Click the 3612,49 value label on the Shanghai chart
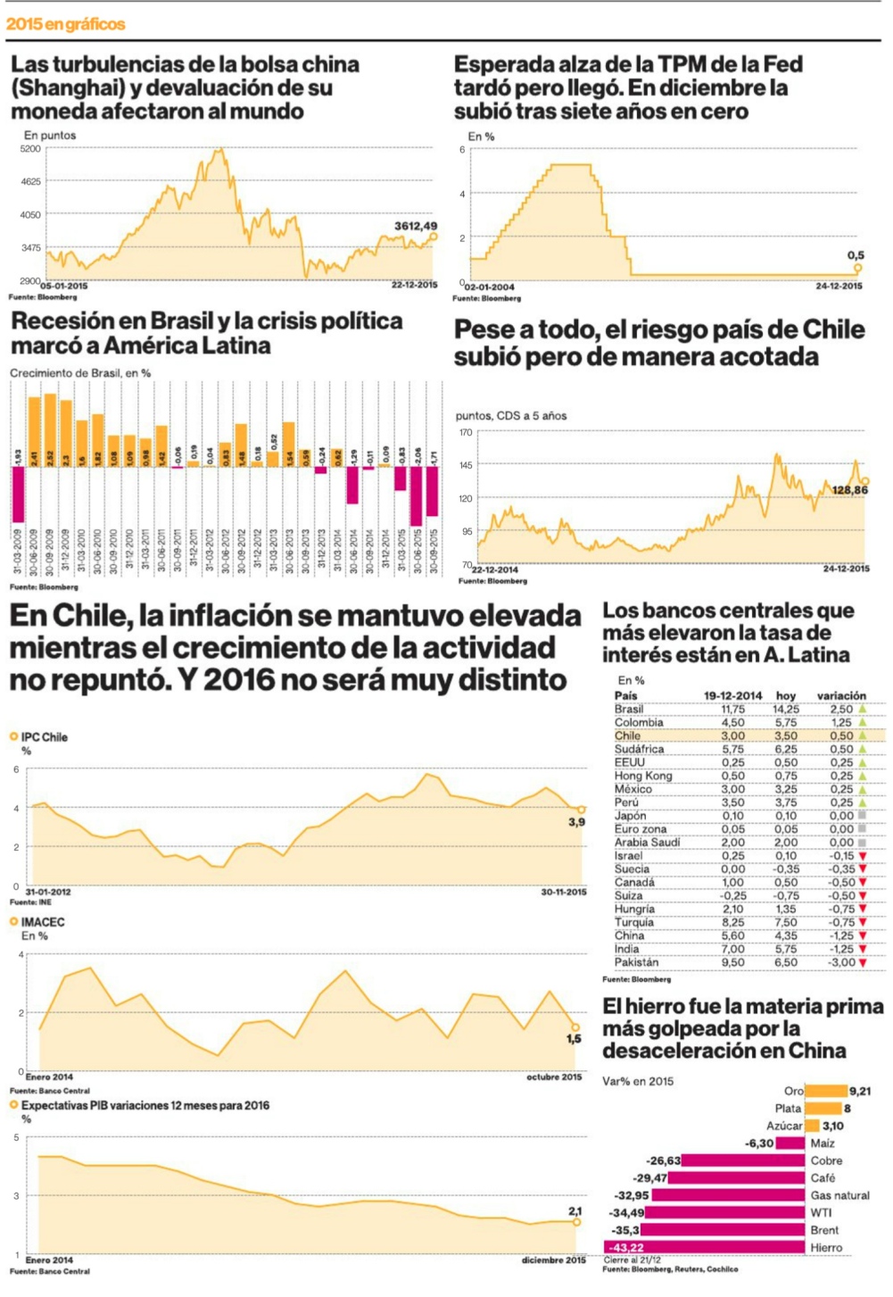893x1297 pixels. (416, 226)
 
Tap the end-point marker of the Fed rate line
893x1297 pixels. (857, 268)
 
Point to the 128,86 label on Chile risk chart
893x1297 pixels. (849, 490)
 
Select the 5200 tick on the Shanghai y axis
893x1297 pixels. (30, 149)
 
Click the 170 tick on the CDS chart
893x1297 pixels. (466, 433)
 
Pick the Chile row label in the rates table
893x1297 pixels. (627, 736)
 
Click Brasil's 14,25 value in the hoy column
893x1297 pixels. (785, 709)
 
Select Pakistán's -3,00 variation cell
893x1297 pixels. (841, 962)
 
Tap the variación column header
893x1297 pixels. (841, 695)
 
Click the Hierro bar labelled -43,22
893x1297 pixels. (705, 1247)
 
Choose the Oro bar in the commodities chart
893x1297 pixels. (826, 1091)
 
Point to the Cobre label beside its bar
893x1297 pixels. (826, 1160)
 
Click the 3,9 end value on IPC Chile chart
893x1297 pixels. (577, 821)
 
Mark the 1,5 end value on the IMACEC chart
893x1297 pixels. (574, 1038)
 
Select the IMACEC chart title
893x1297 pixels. (43, 921)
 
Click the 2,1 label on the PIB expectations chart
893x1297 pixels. (575, 1210)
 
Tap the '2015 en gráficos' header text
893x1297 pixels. (65, 24)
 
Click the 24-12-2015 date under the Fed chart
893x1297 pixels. (839, 287)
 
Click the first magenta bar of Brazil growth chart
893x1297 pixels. (18, 493)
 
